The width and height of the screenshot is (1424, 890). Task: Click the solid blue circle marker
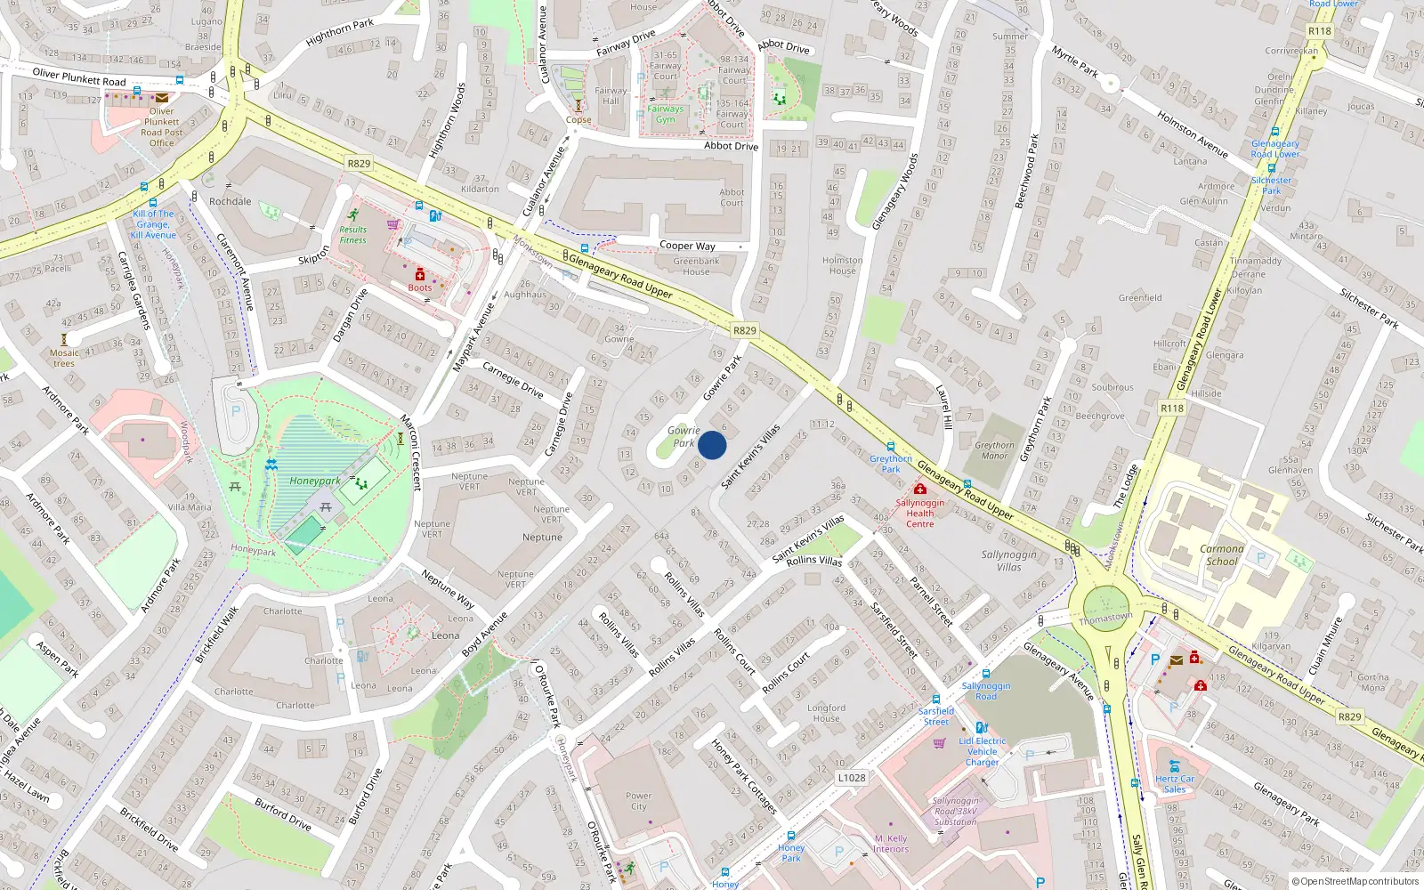click(712, 445)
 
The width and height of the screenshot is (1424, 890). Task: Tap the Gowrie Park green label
click(684, 436)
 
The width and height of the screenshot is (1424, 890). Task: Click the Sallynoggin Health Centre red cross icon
click(920, 489)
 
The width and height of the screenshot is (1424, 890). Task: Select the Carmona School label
click(1222, 554)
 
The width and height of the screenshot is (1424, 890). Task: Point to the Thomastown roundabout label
click(1105, 618)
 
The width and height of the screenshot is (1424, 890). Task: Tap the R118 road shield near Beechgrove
click(1172, 409)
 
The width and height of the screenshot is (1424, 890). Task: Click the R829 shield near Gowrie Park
click(745, 330)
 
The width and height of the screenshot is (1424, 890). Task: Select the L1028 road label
click(851, 778)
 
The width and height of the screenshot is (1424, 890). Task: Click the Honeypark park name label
click(315, 481)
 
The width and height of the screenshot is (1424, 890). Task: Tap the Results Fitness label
click(352, 234)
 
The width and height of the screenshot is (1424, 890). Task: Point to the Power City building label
click(638, 801)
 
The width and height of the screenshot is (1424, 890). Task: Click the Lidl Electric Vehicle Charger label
click(983, 751)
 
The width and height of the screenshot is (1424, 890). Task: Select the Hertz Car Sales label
click(1175, 783)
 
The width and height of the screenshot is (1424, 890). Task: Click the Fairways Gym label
click(666, 114)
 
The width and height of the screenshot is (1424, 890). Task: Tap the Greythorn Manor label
click(994, 450)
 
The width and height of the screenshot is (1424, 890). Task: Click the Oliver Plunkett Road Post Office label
click(162, 127)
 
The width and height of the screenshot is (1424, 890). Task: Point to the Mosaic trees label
click(64, 358)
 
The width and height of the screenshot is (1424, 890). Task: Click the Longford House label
click(826, 713)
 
